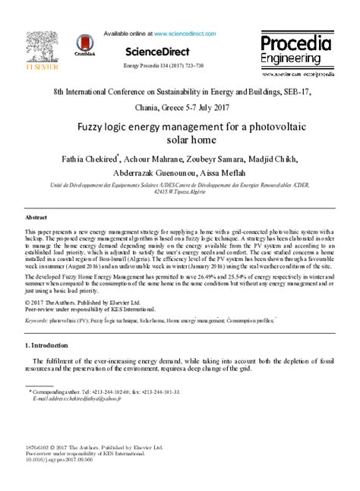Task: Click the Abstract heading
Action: (36, 216)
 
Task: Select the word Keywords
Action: (36, 321)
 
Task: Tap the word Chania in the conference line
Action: (148, 107)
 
